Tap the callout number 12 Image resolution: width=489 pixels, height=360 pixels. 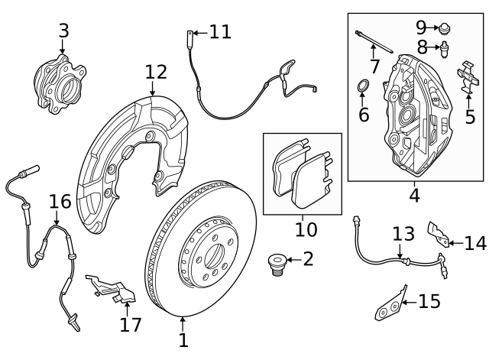coord(156,73)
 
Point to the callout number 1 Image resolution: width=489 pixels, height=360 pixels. coord(183,340)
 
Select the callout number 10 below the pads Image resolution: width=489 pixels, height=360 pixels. coord(306,229)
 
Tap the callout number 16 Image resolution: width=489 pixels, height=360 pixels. coord(60,202)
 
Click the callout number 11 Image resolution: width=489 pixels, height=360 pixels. coord(219,32)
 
